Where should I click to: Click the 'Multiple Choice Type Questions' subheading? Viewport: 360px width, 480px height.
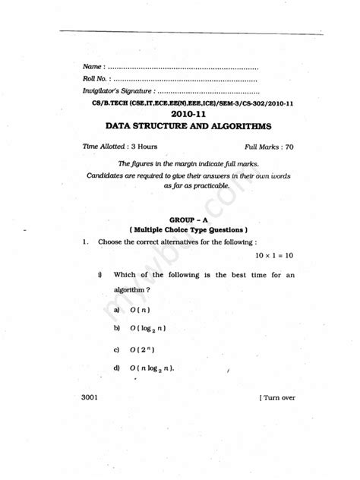pyautogui.click(x=188, y=229)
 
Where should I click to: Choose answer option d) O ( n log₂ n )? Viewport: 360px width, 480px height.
pyautogui.click(x=153, y=369)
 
